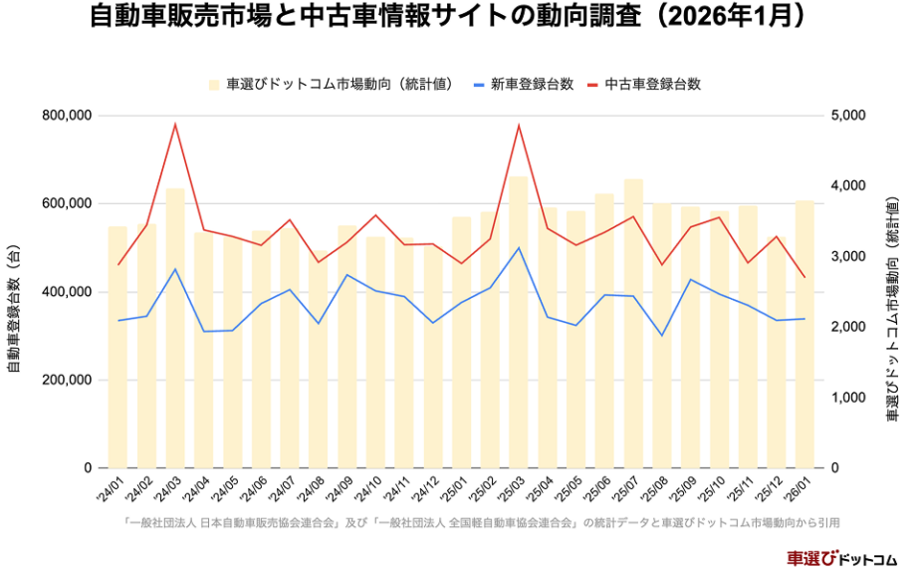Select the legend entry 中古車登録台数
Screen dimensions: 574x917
click(652, 84)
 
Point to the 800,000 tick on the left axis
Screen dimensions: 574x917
click(67, 116)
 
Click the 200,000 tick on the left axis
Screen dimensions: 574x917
click(67, 380)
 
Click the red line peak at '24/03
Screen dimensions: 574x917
click(175, 125)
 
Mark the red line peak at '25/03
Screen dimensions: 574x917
click(519, 126)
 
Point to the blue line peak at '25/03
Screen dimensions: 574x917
click(519, 247)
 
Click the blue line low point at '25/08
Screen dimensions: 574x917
click(662, 336)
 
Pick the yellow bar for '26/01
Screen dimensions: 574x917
click(804, 339)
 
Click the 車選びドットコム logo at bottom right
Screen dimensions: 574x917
click(841, 558)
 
